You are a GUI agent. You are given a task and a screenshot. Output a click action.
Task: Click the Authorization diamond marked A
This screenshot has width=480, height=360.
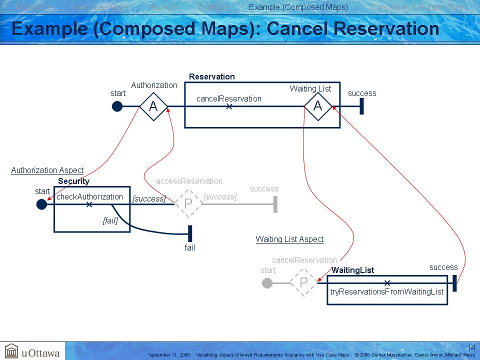click(153, 106)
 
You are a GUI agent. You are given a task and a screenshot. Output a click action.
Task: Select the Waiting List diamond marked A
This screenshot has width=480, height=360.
click(318, 106)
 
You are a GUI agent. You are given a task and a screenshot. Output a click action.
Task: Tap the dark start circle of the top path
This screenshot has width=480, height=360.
click(117, 106)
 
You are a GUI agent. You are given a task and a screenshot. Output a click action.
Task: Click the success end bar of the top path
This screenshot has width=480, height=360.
click(361, 106)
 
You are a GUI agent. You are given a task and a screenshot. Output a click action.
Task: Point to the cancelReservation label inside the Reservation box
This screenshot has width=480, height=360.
click(228, 98)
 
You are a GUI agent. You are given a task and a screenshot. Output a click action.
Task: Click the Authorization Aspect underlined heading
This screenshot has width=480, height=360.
click(47, 170)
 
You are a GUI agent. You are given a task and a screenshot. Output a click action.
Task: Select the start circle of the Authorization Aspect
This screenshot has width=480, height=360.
click(41, 204)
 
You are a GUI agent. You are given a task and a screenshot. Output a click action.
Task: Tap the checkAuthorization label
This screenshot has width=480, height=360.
click(89, 196)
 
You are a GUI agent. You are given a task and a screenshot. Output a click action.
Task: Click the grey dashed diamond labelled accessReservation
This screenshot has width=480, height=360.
click(188, 203)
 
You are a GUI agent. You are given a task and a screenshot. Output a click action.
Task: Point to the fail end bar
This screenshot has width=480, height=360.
click(190, 233)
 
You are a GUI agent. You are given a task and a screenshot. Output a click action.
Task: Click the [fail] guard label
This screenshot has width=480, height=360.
click(110, 220)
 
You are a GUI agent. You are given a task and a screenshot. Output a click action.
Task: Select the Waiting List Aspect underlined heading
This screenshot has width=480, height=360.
click(289, 239)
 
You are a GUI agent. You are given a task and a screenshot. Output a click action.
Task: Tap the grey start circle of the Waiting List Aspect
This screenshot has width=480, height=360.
click(267, 283)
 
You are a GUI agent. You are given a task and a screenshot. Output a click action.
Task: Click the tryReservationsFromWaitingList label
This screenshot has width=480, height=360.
click(386, 291)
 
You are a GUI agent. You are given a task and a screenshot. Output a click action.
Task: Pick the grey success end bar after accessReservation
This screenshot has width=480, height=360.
click(275, 204)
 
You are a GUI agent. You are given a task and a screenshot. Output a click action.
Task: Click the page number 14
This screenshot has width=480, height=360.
click(471, 347)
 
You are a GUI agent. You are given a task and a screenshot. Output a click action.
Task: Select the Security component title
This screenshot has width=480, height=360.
click(73, 181)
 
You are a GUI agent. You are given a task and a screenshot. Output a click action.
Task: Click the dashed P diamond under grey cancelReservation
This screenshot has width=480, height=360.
click(303, 283)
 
